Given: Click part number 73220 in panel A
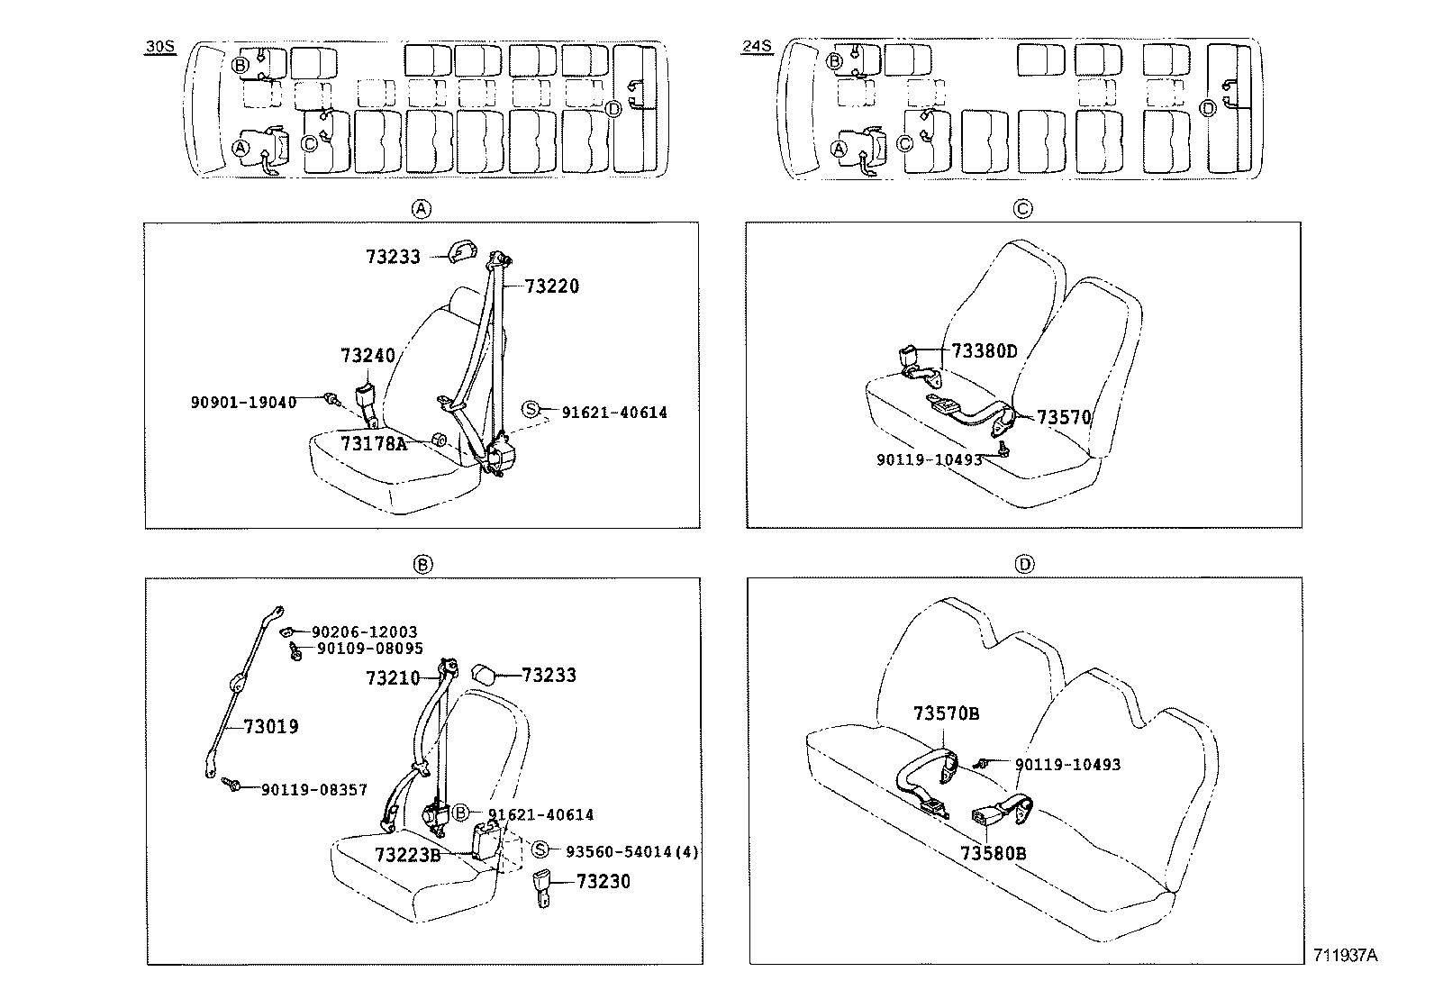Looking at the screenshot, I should pyautogui.click(x=552, y=286).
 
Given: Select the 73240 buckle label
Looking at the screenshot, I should pyautogui.click(x=368, y=355).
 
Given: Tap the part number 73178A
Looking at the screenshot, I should pyautogui.click(x=373, y=443).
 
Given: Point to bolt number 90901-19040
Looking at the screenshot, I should pyautogui.click(x=243, y=403).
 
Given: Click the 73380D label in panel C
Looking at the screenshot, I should pyautogui.click(x=985, y=351).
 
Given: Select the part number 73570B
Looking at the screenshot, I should pyautogui.click(x=946, y=713).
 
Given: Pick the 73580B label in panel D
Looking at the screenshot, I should pyautogui.click(x=993, y=852).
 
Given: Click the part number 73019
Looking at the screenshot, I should pyautogui.click(x=270, y=726).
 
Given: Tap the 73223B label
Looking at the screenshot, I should pyautogui.click(x=407, y=854).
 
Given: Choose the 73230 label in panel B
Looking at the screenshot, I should pyautogui.click(x=604, y=881).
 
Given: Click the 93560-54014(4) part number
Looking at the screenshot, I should pyautogui.click(x=631, y=851).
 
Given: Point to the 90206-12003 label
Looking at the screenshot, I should pyautogui.click(x=365, y=633).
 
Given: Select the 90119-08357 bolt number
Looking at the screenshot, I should pyautogui.click(x=314, y=789).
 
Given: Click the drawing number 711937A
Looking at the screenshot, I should pyautogui.click(x=1345, y=955).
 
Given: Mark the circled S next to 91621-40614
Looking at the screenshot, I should pyautogui.click(x=531, y=411).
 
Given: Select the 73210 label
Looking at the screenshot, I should pyautogui.click(x=393, y=677).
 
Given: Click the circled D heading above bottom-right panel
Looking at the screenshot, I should pyautogui.click(x=1023, y=564).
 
